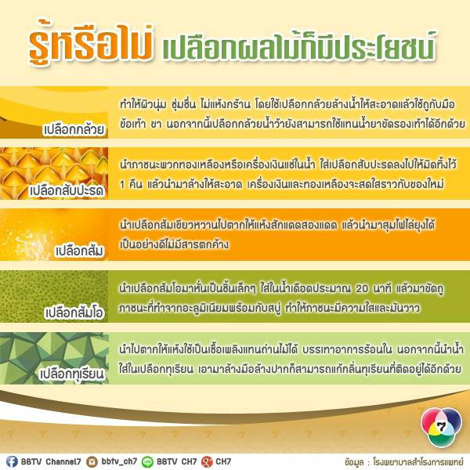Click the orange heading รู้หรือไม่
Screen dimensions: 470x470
click(91, 43)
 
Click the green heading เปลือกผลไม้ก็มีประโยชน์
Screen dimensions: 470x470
click(299, 47)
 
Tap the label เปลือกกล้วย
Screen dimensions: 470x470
click(74, 129)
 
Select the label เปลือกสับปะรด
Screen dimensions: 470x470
click(67, 190)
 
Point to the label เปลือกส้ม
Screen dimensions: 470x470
click(80, 251)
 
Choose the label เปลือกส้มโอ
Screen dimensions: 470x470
click(74, 313)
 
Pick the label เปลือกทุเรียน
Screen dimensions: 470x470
click(72, 374)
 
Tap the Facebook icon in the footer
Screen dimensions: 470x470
click(12, 461)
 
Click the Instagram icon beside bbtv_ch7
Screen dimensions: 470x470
click(92, 461)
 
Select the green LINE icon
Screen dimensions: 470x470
click(147, 461)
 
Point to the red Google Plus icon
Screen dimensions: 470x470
click(207, 461)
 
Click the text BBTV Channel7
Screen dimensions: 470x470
click(51, 461)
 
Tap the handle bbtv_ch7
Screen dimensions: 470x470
click(119, 461)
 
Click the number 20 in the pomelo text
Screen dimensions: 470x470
click(362, 288)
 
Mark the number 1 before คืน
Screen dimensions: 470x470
click(122, 184)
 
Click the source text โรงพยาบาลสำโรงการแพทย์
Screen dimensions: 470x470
click(418, 461)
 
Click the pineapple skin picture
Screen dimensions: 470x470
click(54, 173)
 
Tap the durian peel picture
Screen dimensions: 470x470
click(54, 358)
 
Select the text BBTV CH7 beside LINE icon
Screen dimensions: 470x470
click(176, 461)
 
